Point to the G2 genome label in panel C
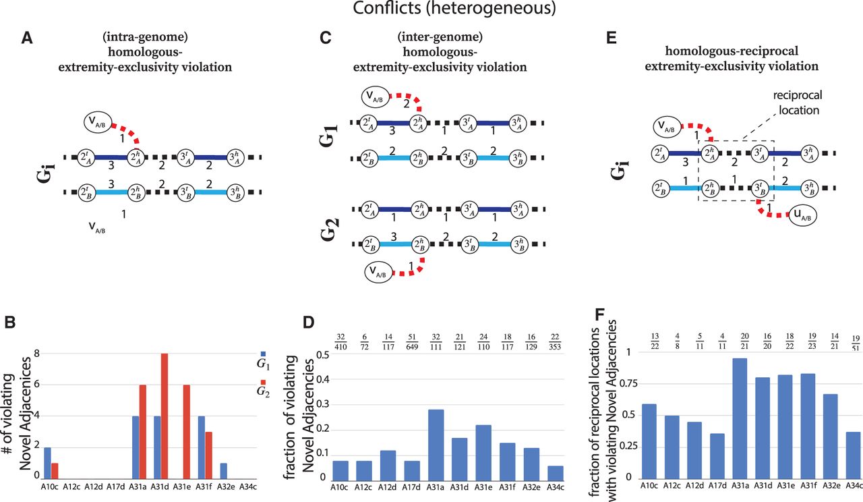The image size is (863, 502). (338, 228)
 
